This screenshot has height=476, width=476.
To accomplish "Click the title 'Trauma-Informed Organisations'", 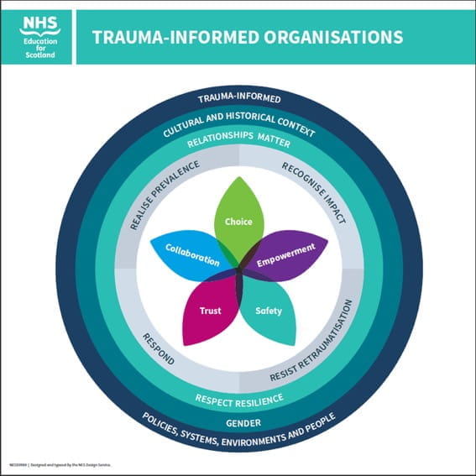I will click(x=246, y=37).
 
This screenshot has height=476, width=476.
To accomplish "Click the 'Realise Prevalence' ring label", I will click(x=165, y=195).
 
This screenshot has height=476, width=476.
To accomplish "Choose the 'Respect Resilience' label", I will click(x=238, y=397).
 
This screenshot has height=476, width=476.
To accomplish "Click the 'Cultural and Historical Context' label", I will click(x=238, y=119).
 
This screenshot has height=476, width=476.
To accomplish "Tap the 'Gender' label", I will click(x=238, y=422).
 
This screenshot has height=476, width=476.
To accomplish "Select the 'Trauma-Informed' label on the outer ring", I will click(x=238, y=98).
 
